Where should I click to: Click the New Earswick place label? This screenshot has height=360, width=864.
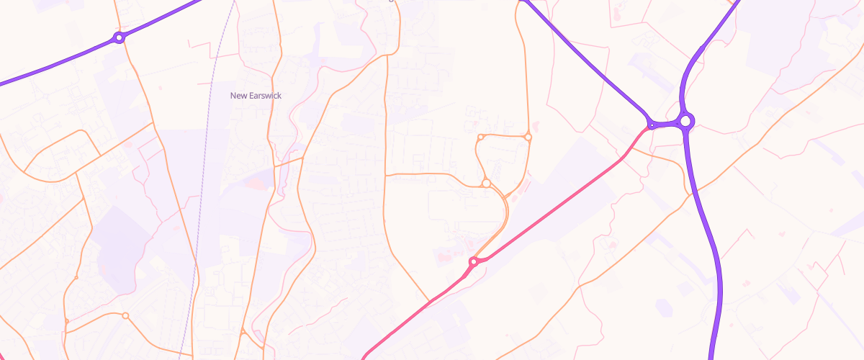click(x=256, y=96)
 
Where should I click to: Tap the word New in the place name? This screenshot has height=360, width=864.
click(x=238, y=96)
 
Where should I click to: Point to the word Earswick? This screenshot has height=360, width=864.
click(x=265, y=96)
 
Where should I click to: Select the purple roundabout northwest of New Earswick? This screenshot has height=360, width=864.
click(x=120, y=37)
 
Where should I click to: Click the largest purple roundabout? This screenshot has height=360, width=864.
click(x=685, y=121)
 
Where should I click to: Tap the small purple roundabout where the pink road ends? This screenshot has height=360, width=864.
click(x=652, y=125)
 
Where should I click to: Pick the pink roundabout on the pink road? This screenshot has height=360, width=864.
click(x=473, y=262)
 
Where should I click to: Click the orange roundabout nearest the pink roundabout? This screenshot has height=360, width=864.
click(x=487, y=184)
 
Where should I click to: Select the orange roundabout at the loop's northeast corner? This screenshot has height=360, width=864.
click(x=528, y=137)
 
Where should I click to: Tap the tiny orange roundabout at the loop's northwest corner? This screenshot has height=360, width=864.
click(x=480, y=137)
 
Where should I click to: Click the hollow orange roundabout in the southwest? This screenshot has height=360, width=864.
click(x=125, y=316)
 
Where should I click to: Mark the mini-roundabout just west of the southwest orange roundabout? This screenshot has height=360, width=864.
click(x=66, y=321)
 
